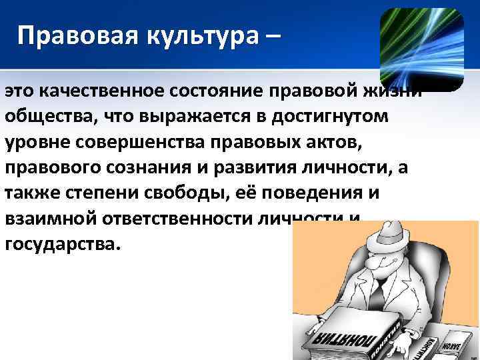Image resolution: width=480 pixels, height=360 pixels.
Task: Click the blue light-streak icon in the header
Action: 421,49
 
